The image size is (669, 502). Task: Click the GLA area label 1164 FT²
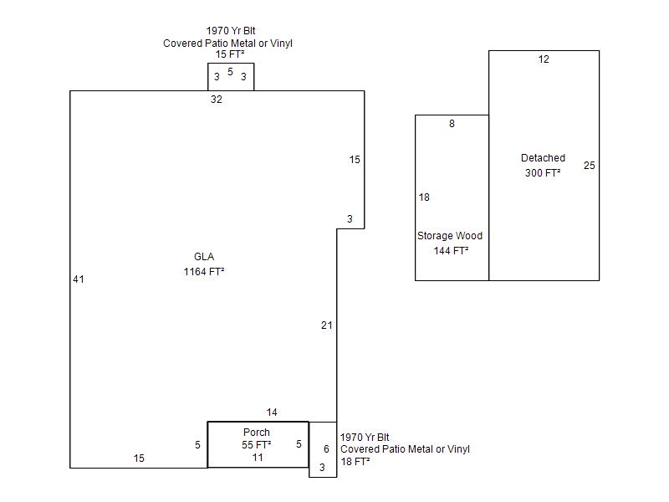(204, 272)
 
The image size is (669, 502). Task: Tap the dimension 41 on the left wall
(79, 279)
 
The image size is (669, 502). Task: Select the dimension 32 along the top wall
(217, 100)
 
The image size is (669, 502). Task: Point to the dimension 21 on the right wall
(327, 325)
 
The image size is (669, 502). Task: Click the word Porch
(257, 433)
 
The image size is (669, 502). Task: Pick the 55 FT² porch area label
(257, 445)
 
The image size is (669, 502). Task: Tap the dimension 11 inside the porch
(258, 458)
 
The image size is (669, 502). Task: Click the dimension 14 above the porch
(272, 412)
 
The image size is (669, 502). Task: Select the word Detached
(543, 158)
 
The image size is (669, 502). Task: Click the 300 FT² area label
(543, 173)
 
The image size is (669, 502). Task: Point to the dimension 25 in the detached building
(590, 166)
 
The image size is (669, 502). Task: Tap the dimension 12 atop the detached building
(544, 59)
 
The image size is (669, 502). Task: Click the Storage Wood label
(450, 236)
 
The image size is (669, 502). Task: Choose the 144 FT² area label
(451, 250)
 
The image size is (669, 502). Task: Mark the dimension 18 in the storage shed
(424, 197)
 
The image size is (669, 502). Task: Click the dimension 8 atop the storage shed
(452, 124)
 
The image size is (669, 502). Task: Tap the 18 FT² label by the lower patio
(355, 461)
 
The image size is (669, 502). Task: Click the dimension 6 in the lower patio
(326, 449)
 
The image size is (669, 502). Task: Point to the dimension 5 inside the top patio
(230, 72)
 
